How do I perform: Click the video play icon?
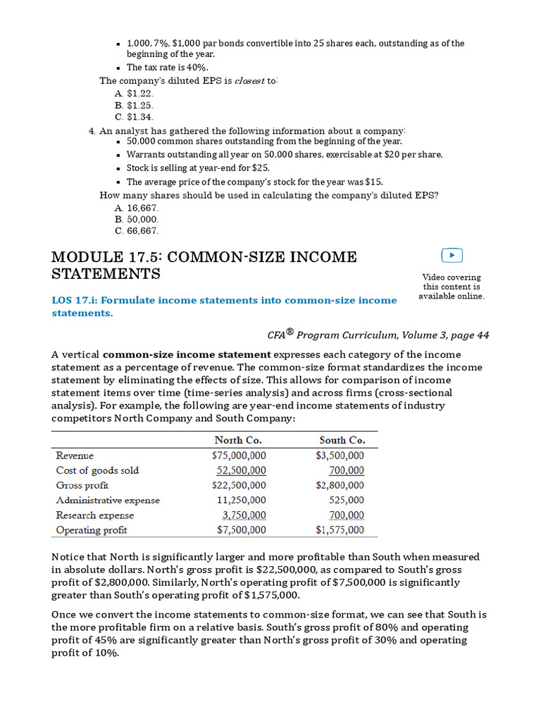pos(452,256)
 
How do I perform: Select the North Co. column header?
pos(238,441)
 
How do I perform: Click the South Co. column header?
pos(342,441)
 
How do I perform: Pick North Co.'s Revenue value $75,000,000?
pos(239,456)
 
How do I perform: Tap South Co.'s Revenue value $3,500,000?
pos(340,456)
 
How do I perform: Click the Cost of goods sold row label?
pos(97,470)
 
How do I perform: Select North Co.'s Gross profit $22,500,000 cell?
pos(239,485)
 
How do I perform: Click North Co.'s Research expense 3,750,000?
pos(244,515)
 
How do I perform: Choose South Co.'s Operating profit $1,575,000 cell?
pos(340,530)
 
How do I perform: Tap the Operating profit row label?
pos(91,530)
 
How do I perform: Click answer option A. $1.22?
pos(133,93)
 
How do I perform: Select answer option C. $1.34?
pos(133,117)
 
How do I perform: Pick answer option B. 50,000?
pos(136,219)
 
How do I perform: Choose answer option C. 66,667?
pos(136,230)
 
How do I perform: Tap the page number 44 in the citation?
pos(483,335)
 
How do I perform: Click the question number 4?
pos(92,131)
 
